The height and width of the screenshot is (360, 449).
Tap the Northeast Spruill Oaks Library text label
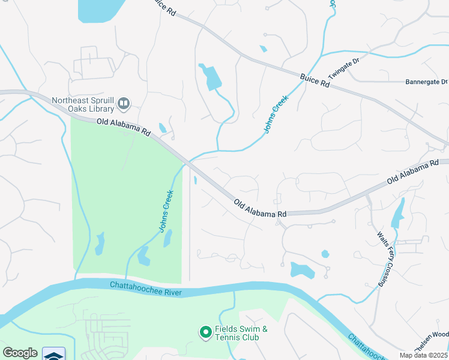[x=83, y=105]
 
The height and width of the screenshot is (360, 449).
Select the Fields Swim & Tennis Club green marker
[x=205, y=331]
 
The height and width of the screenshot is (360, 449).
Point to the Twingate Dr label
[x=343, y=70]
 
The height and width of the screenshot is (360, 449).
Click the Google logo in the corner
[x=20, y=353]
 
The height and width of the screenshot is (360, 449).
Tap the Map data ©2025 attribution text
[x=423, y=355]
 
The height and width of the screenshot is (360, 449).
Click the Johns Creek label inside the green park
[x=166, y=211]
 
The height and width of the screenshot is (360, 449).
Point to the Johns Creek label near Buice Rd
[x=276, y=112]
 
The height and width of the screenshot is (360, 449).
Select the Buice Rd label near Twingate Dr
[x=316, y=80]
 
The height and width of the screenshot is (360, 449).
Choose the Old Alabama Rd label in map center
[x=260, y=209]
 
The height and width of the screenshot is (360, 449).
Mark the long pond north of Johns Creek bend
[x=211, y=77]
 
